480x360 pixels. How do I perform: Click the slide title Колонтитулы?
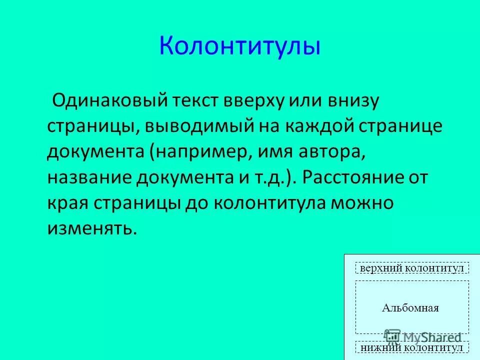(239, 46)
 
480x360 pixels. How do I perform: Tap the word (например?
(201, 151)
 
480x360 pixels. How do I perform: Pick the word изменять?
(91, 228)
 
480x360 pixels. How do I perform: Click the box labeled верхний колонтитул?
(412, 268)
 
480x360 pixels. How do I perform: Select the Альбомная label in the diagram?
(410, 307)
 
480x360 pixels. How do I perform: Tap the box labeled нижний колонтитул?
(412, 347)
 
